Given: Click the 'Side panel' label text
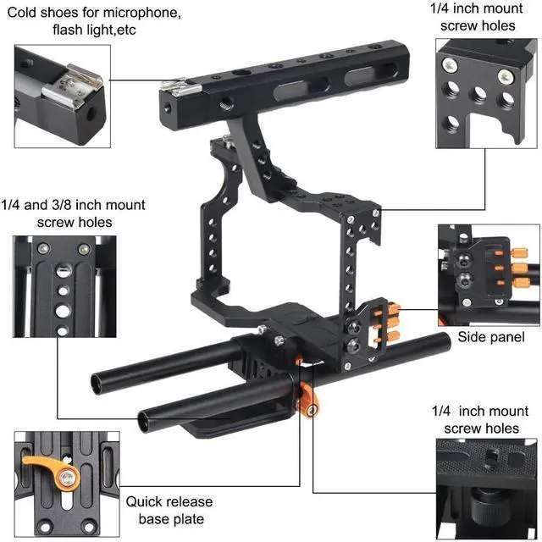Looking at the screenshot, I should (491, 337).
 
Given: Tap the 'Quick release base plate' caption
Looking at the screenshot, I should (169, 510).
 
